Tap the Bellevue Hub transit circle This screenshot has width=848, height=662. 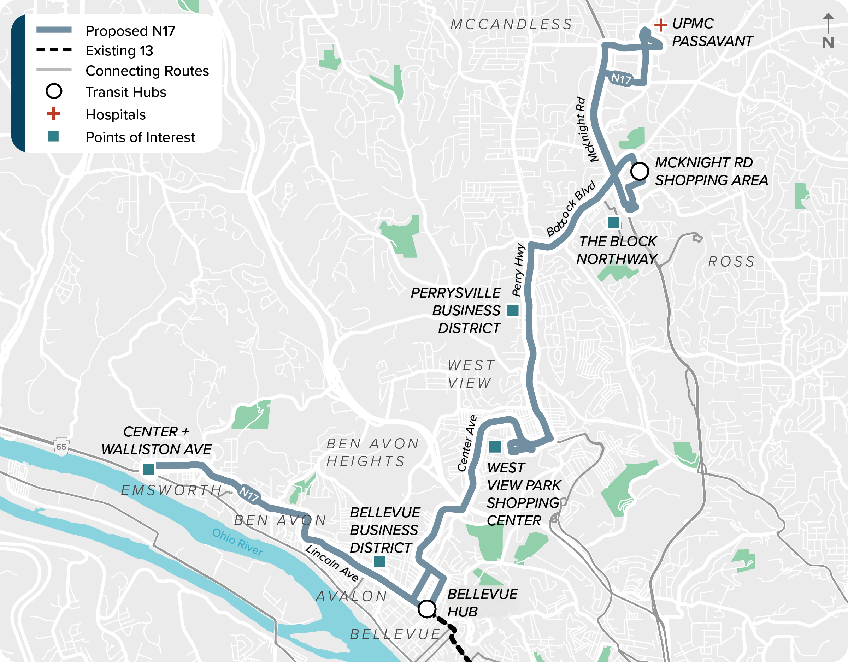tap(427, 609)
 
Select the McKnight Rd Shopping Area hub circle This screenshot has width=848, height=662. tap(639, 171)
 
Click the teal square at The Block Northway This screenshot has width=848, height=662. tap(613, 223)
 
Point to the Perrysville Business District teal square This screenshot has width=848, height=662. tap(513, 310)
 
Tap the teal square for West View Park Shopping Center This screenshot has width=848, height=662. tap(495, 447)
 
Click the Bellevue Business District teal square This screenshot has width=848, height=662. tap(379, 561)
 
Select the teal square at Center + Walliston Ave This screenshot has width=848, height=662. tap(148, 470)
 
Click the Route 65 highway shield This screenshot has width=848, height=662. tap(61, 446)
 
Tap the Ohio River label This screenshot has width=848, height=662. tap(237, 542)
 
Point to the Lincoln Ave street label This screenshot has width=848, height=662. tap(332, 563)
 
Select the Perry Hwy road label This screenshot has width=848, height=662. tap(518, 270)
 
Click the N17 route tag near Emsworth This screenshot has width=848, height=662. tap(249, 494)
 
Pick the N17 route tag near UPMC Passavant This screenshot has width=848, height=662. tap(621, 79)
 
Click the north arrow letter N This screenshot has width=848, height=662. tap(828, 43)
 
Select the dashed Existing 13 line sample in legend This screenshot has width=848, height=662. tap(54, 50)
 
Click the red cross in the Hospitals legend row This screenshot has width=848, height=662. tap(54, 114)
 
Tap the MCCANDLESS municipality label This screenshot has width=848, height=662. tap(511, 24)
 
